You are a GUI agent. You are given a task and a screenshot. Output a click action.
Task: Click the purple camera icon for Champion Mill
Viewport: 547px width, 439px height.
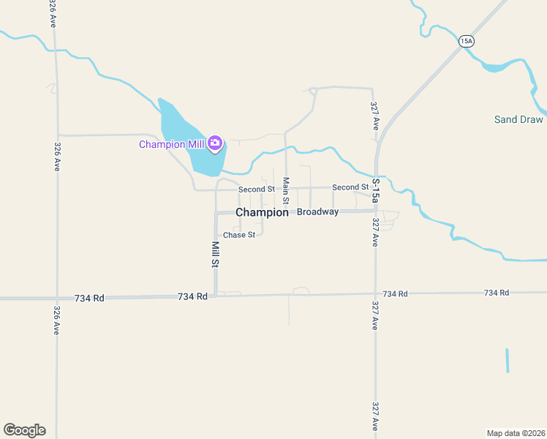click(215, 143)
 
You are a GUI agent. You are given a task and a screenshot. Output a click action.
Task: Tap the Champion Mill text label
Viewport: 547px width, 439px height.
click(171, 144)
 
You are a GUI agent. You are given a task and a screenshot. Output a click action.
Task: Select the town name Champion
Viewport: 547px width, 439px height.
click(262, 212)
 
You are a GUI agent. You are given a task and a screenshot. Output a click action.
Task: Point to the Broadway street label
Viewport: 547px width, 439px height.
click(317, 212)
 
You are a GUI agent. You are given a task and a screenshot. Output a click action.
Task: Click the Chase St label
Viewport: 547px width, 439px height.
click(239, 235)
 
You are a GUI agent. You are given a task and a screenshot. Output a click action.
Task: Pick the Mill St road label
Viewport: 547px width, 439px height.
click(216, 253)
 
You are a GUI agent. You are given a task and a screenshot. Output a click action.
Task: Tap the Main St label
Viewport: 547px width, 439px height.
click(286, 190)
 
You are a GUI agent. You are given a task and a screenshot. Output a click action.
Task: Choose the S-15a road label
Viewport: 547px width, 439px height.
click(376, 190)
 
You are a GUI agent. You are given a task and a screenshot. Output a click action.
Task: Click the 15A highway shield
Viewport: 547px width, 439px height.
click(467, 42)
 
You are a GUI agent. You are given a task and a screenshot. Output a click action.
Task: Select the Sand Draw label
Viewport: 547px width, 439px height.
click(518, 119)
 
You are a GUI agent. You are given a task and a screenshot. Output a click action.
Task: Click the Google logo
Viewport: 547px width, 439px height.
click(24, 430)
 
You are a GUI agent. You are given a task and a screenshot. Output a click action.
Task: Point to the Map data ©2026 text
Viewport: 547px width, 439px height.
click(516, 432)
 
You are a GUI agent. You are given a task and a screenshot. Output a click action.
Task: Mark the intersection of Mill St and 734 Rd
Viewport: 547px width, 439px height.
click(216, 296)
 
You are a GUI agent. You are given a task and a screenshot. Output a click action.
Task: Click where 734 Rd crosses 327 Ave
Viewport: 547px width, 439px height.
click(376, 293)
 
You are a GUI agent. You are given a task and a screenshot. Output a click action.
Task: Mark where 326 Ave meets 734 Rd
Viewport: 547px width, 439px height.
click(56, 298)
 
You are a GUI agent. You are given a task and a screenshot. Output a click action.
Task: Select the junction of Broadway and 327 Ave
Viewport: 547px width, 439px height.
click(376, 211)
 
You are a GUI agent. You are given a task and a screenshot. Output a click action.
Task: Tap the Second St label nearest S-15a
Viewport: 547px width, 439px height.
click(350, 187)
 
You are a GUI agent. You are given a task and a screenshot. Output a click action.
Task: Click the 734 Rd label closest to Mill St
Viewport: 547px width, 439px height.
click(193, 296)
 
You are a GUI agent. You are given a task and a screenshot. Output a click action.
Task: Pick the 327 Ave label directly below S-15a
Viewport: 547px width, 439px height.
click(374, 232)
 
